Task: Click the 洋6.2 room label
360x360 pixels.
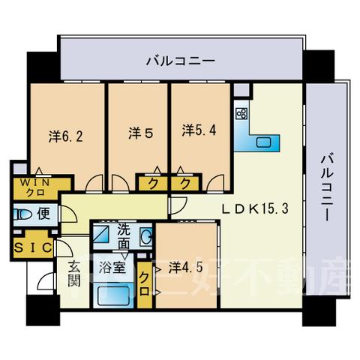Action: [66, 136]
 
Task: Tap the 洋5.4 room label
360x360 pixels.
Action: [199, 130]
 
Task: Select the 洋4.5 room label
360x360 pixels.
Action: [185, 268]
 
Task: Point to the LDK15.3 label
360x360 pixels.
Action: [256, 208]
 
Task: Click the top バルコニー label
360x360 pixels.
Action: [181, 61]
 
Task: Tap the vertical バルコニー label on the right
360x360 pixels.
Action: [327, 187]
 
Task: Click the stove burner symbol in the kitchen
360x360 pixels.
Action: [241, 113]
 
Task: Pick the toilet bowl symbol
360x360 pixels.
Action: [22, 214]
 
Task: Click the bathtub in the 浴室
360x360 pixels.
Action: [114, 296]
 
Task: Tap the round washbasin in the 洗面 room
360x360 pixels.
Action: [147, 236]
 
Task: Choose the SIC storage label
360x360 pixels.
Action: [33, 247]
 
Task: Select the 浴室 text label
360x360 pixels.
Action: [112, 268]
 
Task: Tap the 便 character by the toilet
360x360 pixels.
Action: [43, 214]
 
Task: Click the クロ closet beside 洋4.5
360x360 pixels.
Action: [145, 284]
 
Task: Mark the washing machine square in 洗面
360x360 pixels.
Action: [101, 234]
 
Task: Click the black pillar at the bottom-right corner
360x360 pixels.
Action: [318, 310]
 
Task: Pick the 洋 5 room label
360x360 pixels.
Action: [140, 133]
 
